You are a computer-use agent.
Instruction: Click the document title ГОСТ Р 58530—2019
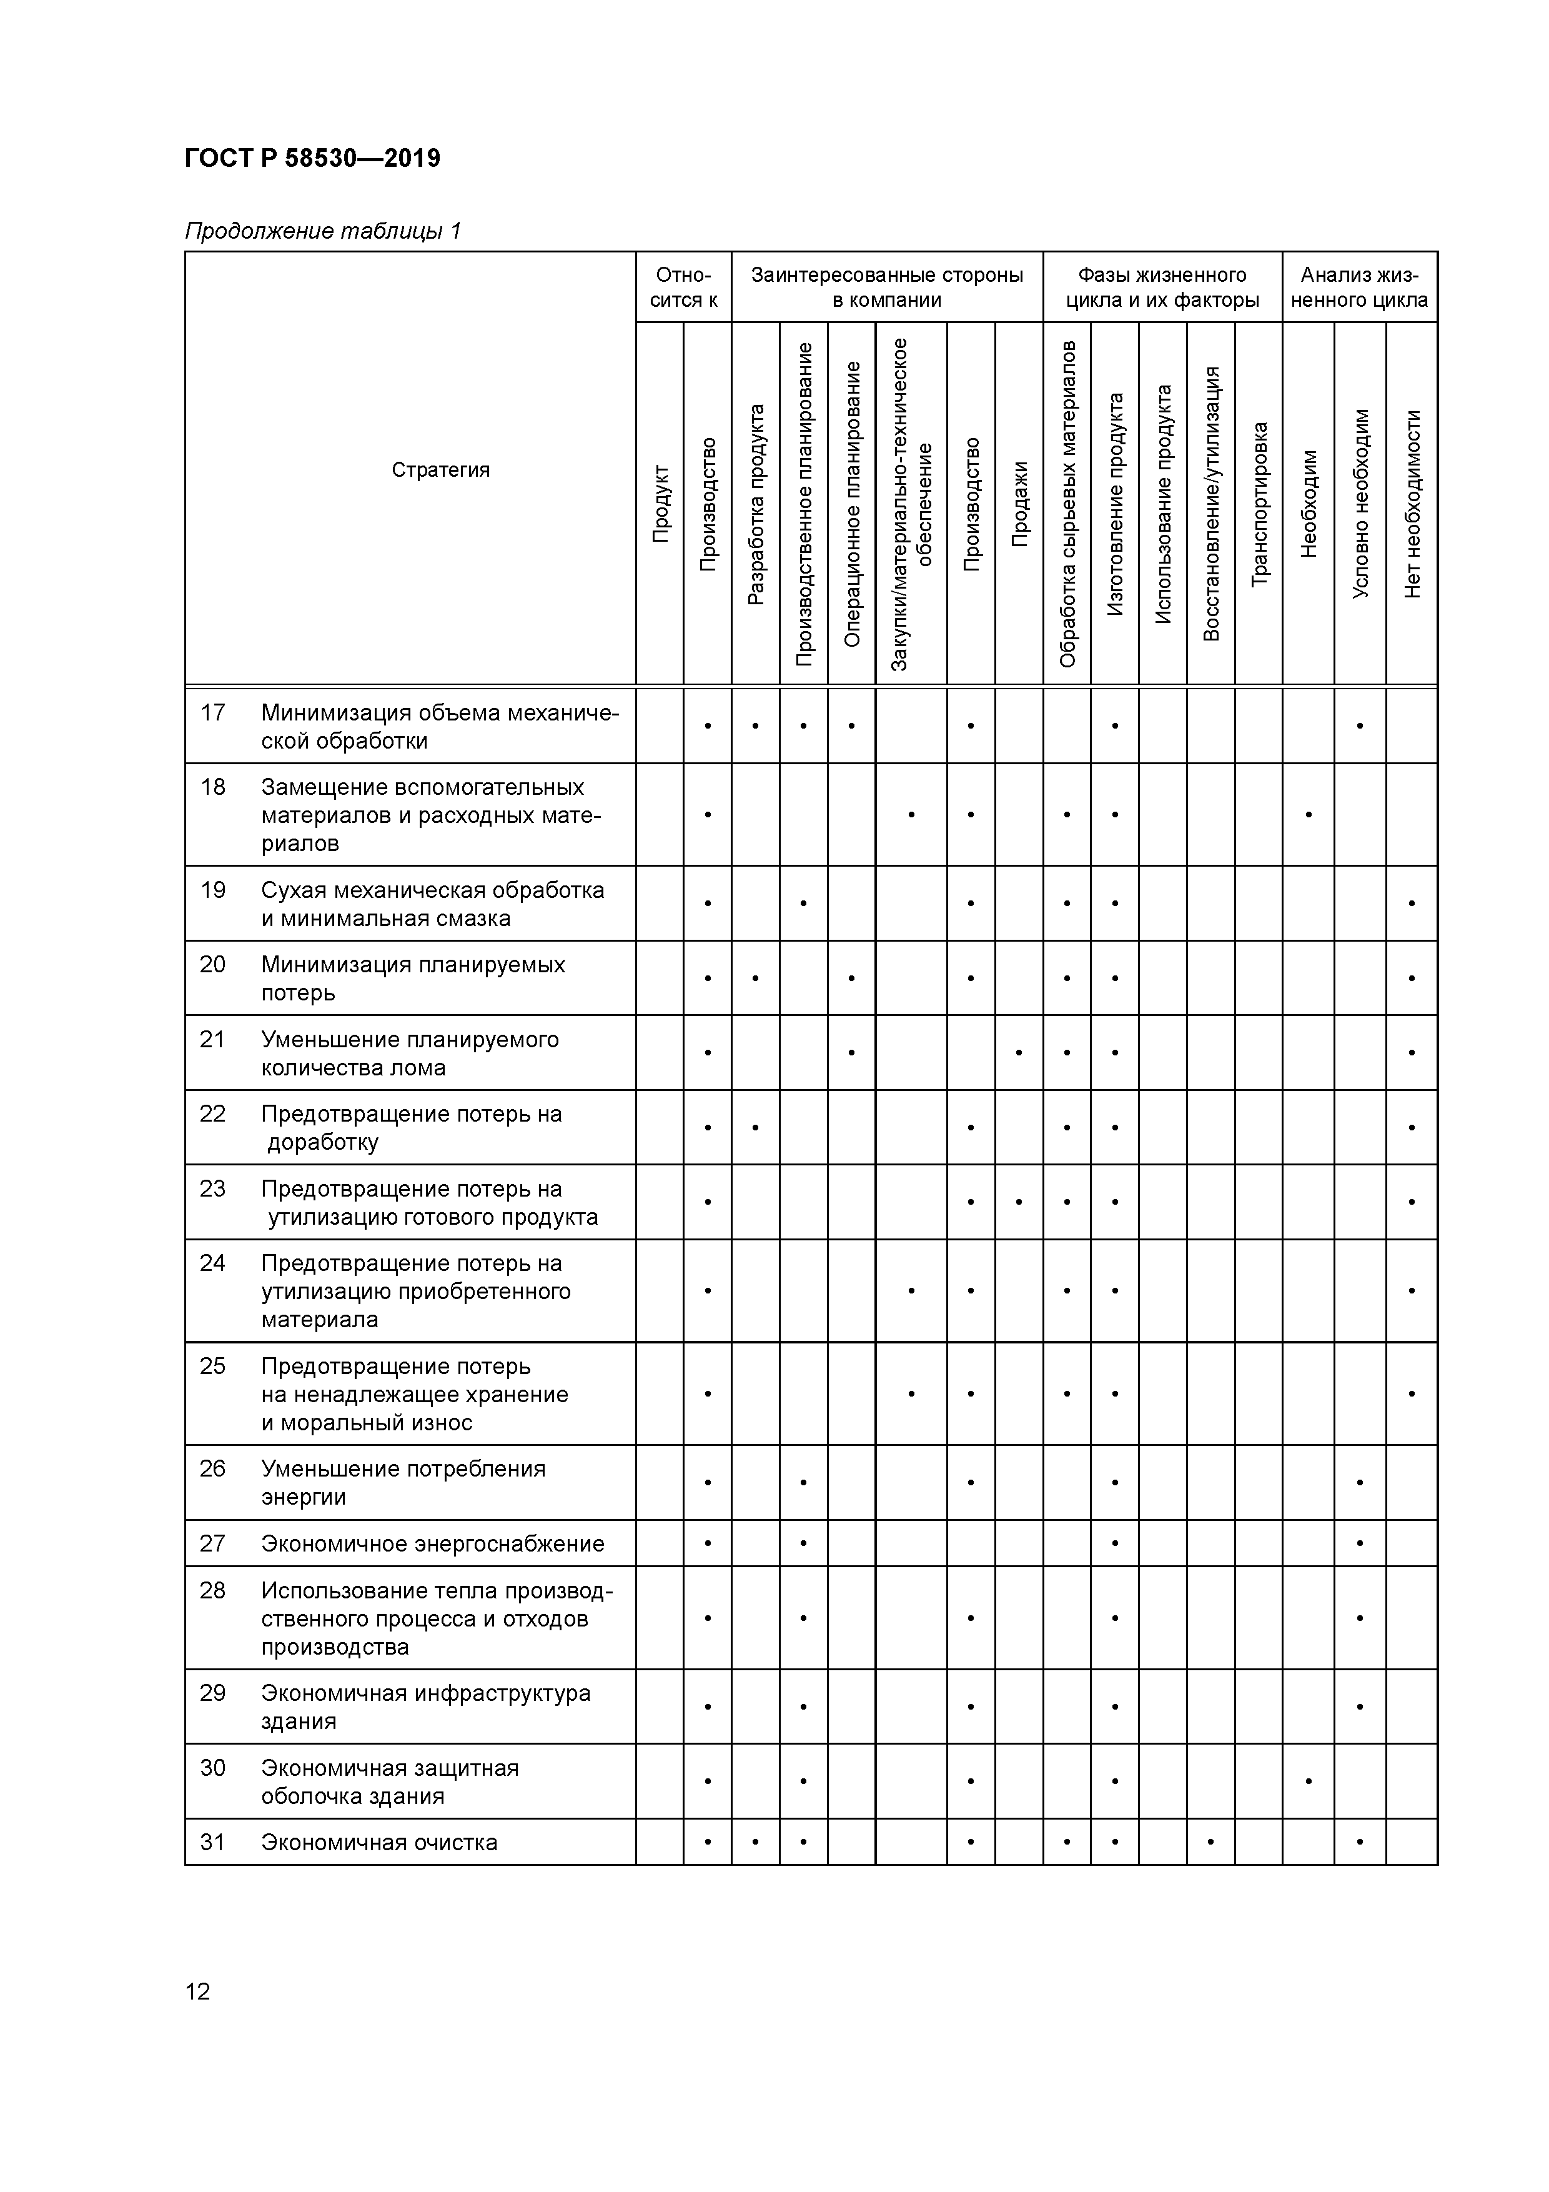[312, 157]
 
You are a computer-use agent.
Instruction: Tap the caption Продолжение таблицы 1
[322, 231]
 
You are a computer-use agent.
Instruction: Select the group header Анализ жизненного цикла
[1359, 287]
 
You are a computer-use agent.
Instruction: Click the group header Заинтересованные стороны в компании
[887, 287]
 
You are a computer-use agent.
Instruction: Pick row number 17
[213, 712]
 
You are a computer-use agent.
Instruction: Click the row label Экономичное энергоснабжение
[432, 1544]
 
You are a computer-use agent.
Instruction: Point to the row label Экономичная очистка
[379, 1843]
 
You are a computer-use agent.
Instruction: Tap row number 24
[213, 1263]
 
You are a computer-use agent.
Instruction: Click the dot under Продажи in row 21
[1019, 1053]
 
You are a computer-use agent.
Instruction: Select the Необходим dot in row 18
[1309, 814]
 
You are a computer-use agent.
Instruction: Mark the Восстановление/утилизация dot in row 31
[1211, 1841]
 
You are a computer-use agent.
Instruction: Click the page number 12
[197, 1991]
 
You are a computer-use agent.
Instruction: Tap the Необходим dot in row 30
[1309, 1780]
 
